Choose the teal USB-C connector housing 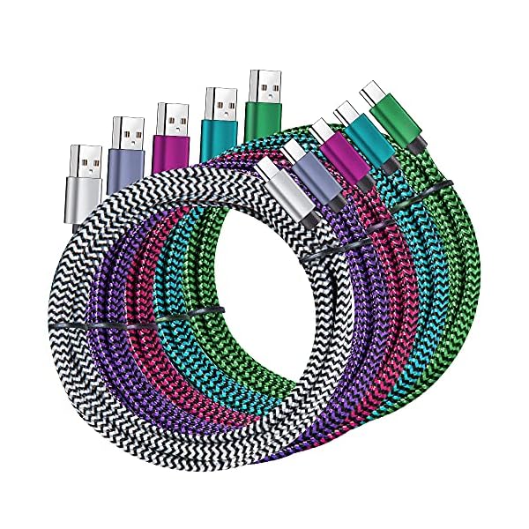(x=365, y=134)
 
